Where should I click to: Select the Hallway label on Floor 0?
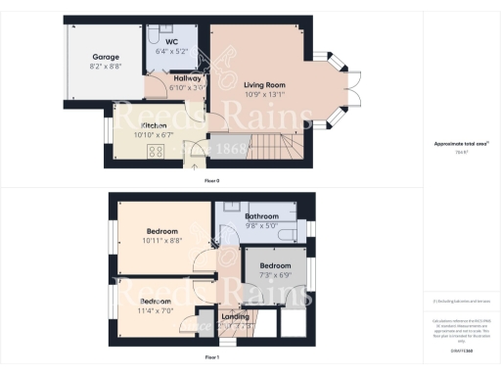(187, 78)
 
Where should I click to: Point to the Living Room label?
(264, 85)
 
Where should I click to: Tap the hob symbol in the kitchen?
(154, 151)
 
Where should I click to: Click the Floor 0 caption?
(211, 182)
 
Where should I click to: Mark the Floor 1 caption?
(211, 357)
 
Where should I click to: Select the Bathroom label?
(262, 216)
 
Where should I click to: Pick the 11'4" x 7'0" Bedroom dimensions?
(157, 310)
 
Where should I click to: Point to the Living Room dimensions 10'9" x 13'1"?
(264, 95)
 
